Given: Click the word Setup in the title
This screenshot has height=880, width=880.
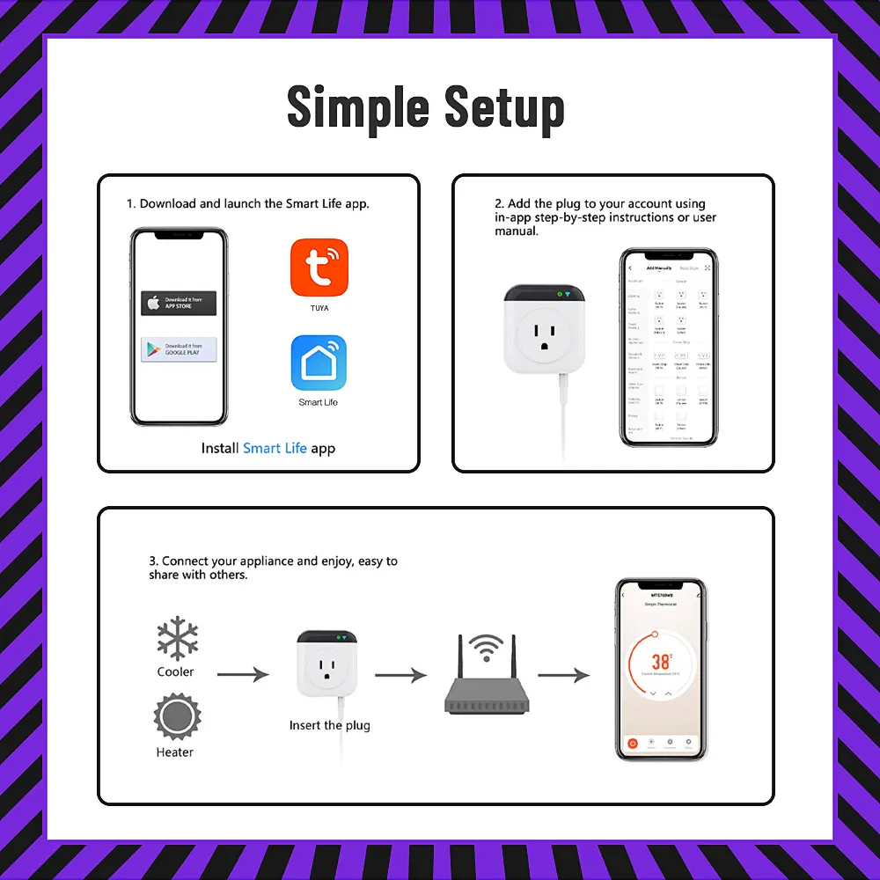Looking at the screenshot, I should coord(503,108).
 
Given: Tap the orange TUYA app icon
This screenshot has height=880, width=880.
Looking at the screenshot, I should coord(318,267).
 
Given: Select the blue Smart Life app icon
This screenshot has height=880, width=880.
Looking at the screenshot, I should coord(318,363).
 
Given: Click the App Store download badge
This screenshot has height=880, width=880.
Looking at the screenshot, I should coord(179,303).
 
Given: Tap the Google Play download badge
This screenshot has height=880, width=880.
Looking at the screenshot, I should coord(179,349).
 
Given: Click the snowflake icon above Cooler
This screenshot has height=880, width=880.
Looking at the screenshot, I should coord(176,638).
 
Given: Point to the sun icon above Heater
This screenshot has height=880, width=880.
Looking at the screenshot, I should coord(176,717).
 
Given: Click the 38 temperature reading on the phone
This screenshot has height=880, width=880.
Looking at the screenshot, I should coord(661,661).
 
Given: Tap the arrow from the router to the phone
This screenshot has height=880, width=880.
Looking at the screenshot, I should coord(563,675).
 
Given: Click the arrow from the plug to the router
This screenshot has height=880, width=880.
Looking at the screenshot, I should coord(400,675).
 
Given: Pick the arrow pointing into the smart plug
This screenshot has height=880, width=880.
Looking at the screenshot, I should coord(243,675).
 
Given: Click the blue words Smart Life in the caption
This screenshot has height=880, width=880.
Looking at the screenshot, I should coord(275,448).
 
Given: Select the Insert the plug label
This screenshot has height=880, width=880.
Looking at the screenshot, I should coord(329,726).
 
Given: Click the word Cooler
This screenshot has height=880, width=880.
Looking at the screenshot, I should coord(175,672).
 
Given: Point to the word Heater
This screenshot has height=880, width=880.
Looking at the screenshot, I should coord(175,752).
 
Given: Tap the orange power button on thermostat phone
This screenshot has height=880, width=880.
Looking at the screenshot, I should coord(632,744).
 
